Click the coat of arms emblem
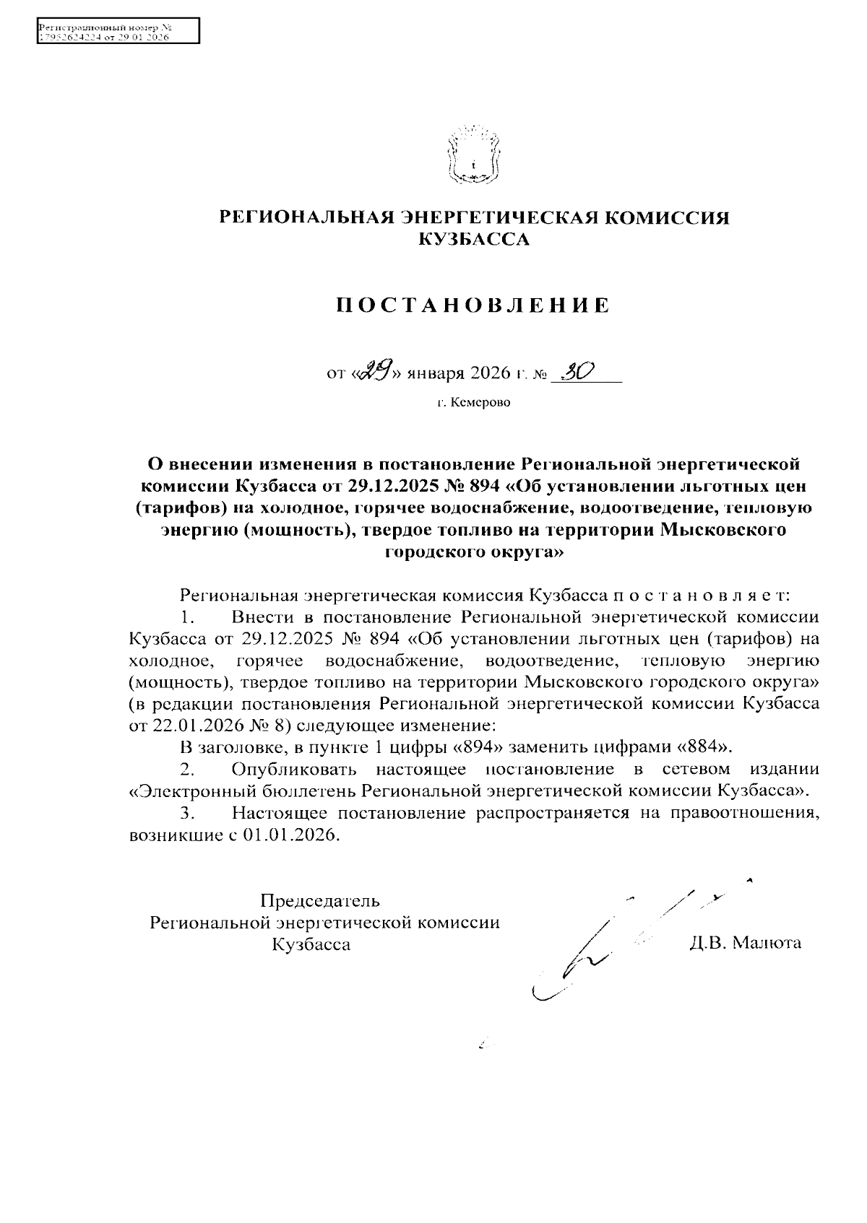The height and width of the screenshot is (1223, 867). (473, 155)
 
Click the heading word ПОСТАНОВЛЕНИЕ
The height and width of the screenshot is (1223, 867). (473, 305)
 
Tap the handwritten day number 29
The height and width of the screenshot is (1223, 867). (376, 372)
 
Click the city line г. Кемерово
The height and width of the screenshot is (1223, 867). (473, 402)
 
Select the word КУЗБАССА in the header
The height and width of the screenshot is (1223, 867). (474, 240)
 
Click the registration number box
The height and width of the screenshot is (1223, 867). (117, 32)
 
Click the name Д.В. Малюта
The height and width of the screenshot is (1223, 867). (746, 943)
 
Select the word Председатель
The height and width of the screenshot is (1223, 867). (319, 900)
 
